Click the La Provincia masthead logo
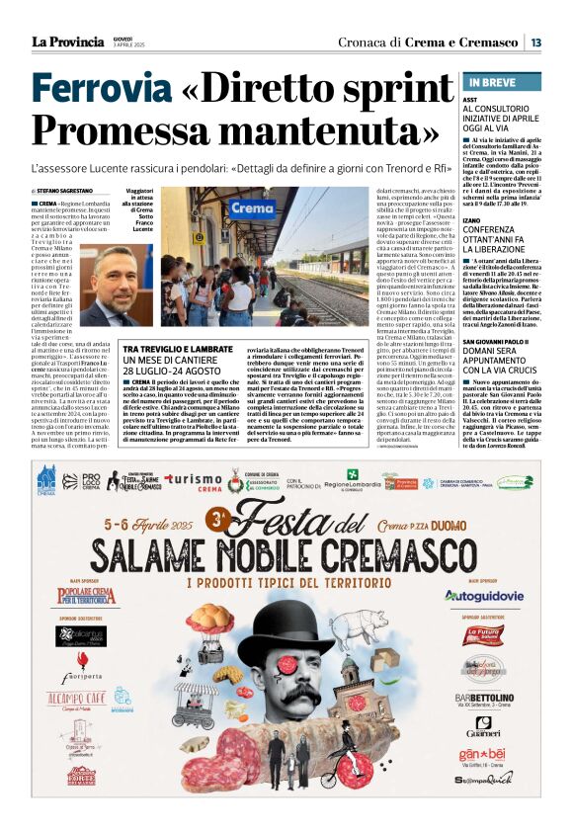pyautogui.click(x=67, y=41)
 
